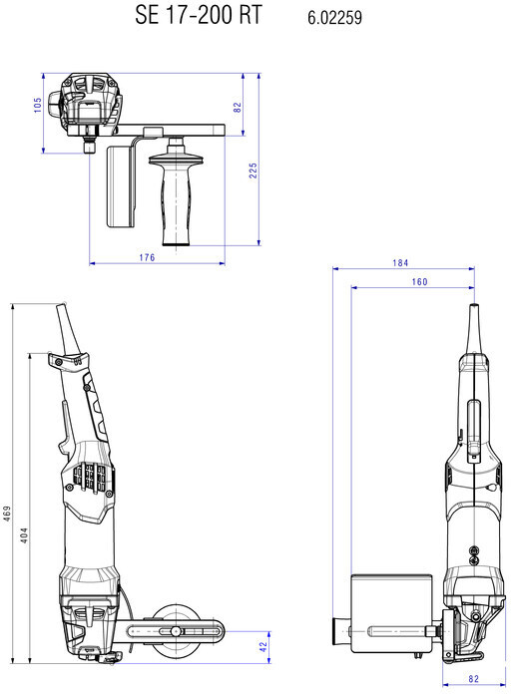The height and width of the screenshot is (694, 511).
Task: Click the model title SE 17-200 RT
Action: pyautogui.click(x=199, y=15)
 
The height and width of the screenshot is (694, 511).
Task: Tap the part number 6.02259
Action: pyautogui.click(x=334, y=17)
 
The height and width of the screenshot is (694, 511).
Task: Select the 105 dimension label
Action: pyautogui.click(x=37, y=105)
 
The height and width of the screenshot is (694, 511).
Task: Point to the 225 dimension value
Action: pyautogui.click(x=253, y=171)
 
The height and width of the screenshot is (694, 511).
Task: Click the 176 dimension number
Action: pyautogui.click(x=147, y=257)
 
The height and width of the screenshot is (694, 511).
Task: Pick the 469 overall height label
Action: pyautogui.click(x=7, y=514)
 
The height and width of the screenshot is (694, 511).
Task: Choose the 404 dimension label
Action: pyautogui.click(x=24, y=535)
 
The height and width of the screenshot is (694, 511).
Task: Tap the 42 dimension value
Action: pyautogui.click(x=263, y=647)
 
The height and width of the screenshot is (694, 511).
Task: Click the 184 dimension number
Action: pyautogui.click(x=400, y=263)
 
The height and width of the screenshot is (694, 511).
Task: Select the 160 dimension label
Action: pyautogui.click(x=419, y=282)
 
